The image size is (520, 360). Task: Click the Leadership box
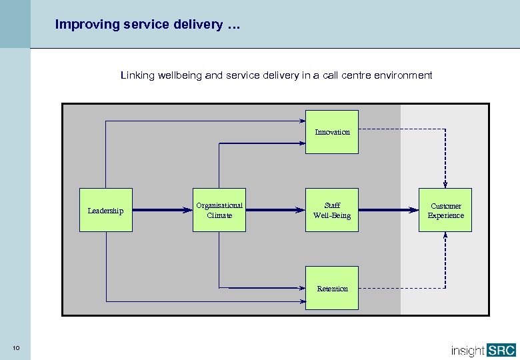pos(105,211)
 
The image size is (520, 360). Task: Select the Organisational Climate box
pos(219,211)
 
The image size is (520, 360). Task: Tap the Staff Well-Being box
pos(332,211)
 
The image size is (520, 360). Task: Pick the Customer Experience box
pos(445,211)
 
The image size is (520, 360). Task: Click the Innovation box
pos(332,132)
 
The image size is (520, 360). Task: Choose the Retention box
pos(332,289)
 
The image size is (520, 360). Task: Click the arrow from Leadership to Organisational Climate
pos(162,210)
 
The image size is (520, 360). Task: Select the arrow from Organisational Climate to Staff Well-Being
pos(275,210)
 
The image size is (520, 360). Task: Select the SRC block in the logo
pos(500,349)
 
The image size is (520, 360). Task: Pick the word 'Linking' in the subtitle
pos(135,75)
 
